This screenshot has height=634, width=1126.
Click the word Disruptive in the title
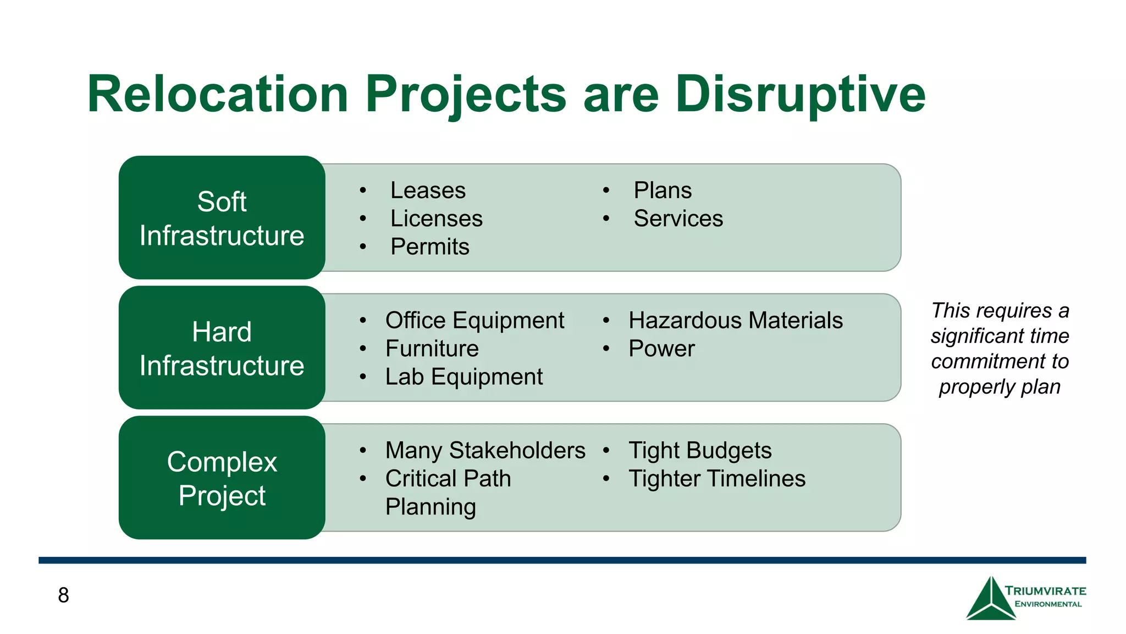[x=800, y=94]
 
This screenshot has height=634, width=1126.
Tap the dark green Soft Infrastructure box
[x=222, y=218]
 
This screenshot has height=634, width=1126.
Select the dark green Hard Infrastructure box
[x=222, y=348]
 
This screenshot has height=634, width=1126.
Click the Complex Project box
[x=222, y=478]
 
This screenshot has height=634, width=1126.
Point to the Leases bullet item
[x=428, y=190]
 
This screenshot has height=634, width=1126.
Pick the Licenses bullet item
[x=436, y=218]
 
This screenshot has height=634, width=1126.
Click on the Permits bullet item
[x=429, y=247]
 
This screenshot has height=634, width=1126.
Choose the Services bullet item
[x=678, y=218]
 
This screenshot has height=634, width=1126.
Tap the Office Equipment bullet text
[x=474, y=320]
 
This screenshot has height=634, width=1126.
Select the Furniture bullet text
[x=432, y=348]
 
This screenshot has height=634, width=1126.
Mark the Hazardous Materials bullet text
[x=735, y=320]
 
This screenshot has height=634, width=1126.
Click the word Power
[x=661, y=348]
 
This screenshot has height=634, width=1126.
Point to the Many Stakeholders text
[x=485, y=450]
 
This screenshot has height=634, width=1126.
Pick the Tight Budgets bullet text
[x=700, y=450]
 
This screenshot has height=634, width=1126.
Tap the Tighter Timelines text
[x=717, y=478]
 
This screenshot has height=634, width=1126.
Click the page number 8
[x=63, y=595]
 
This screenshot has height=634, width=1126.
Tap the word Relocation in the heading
[x=218, y=94]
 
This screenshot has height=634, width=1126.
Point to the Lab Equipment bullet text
[x=463, y=377]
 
